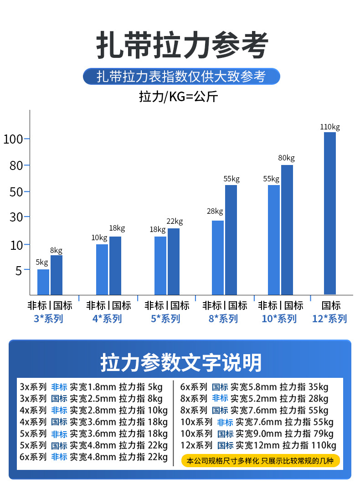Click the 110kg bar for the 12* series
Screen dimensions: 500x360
(x=329, y=213)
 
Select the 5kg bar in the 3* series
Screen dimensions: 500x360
(x=43, y=282)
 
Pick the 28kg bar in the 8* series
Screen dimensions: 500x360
(x=218, y=258)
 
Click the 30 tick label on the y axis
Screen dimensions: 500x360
(x=16, y=217)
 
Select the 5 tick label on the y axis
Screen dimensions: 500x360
(x=19, y=271)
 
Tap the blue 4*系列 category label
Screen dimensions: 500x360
(x=107, y=319)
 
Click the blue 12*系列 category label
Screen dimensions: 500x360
(x=329, y=319)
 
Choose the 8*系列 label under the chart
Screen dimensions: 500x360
(x=223, y=319)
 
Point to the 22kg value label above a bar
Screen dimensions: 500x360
(x=175, y=222)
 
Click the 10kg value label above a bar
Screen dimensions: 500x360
(x=99, y=237)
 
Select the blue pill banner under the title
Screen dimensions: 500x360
(x=181, y=76)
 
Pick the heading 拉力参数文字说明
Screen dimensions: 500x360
(x=181, y=363)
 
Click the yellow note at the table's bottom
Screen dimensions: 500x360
(x=261, y=460)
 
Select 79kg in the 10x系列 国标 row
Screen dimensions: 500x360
(x=324, y=433)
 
